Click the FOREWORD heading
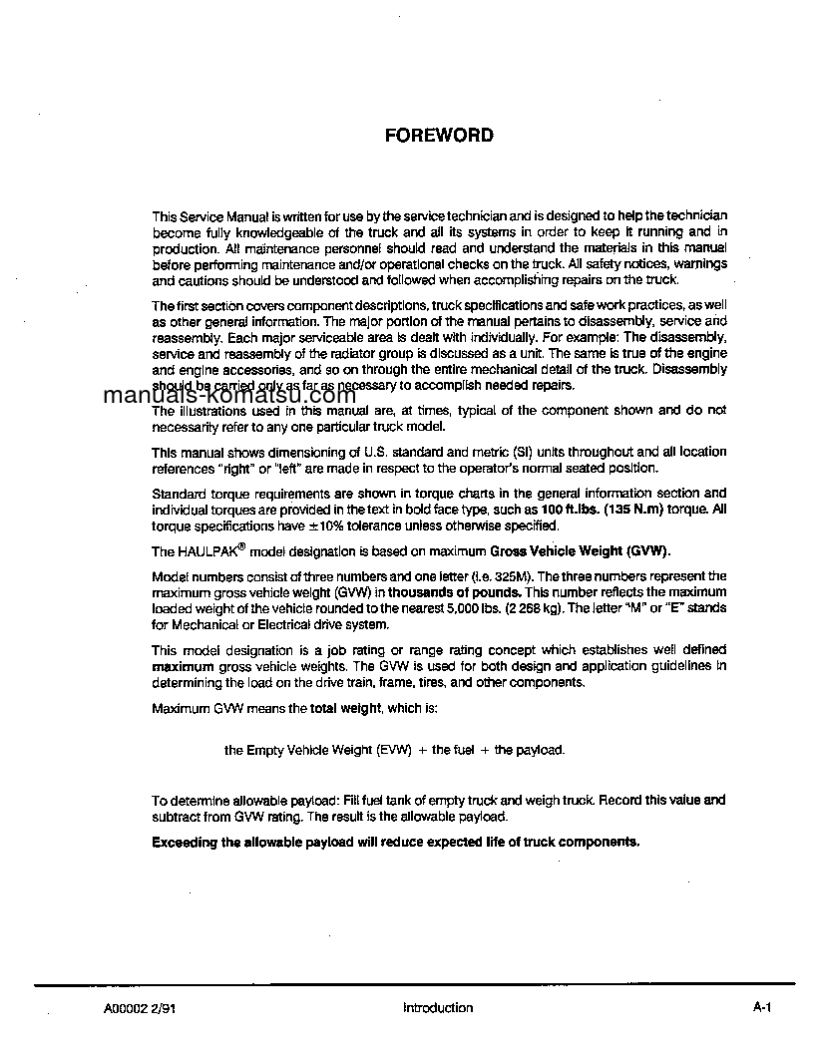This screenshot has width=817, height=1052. (439, 136)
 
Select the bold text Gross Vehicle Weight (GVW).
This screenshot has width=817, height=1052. (580, 551)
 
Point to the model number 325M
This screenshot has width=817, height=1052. (518, 576)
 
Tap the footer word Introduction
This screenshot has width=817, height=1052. (438, 1008)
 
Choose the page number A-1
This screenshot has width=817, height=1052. (762, 1008)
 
